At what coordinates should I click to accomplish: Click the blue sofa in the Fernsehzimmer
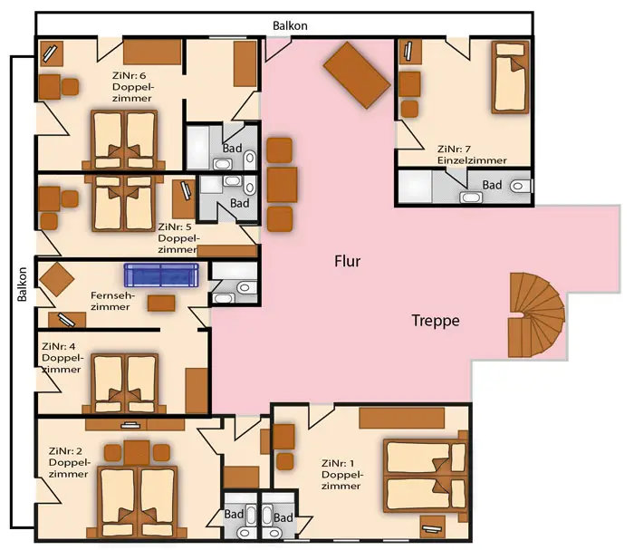(161, 275)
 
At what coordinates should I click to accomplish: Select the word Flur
(347, 261)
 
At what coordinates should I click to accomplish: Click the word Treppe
(436, 320)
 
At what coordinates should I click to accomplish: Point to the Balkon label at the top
(290, 26)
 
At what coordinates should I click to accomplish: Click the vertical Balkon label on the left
(23, 284)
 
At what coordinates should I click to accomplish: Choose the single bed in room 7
(510, 77)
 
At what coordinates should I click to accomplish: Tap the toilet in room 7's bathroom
(521, 186)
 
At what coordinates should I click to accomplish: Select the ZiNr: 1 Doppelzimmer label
(342, 475)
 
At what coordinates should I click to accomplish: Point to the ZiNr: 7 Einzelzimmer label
(472, 155)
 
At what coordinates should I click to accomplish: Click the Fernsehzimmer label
(112, 301)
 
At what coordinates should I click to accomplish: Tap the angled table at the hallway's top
(357, 75)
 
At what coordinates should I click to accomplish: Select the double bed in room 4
(125, 383)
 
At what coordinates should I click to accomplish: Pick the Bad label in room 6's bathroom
(232, 148)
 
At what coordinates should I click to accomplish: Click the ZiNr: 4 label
(58, 346)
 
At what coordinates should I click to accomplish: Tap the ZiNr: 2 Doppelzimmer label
(69, 462)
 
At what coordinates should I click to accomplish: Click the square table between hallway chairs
(282, 185)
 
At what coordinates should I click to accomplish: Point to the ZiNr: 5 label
(174, 227)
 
